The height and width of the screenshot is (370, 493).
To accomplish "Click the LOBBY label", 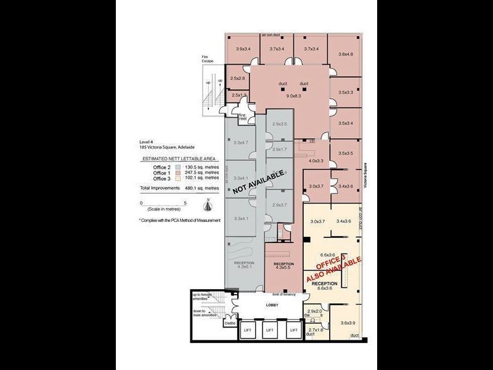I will [272, 305].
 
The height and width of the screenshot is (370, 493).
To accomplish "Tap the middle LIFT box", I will [269, 330].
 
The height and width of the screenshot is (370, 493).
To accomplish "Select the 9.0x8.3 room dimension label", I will [293, 96].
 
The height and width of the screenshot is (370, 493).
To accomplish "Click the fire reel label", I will [243, 117].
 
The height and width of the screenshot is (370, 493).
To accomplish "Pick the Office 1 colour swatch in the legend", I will [177, 173].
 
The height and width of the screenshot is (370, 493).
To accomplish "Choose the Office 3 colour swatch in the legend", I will [177, 178].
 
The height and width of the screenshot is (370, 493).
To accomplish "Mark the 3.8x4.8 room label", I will [345, 54].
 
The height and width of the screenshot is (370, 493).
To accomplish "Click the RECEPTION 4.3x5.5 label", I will [283, 266].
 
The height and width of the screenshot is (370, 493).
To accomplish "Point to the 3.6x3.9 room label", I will [348, 323].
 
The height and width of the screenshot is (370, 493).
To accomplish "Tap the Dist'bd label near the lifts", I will [230, 323].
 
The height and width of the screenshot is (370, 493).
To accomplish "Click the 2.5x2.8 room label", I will [237, 78].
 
